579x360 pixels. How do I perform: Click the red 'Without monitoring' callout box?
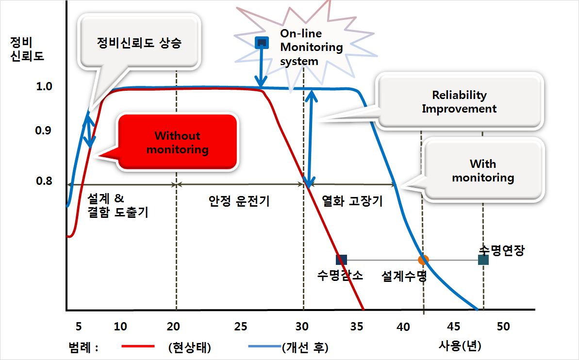177,142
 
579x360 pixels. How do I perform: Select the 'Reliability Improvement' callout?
459,101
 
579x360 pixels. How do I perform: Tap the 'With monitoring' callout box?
483,170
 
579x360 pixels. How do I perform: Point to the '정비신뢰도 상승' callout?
139,43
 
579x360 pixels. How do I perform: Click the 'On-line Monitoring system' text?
311,47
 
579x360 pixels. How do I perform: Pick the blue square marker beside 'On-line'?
262,43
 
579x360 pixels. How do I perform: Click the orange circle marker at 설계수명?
423,260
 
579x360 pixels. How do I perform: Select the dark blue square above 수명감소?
341,260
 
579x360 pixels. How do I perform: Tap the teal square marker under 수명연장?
483,260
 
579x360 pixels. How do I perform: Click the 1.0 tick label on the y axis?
44,86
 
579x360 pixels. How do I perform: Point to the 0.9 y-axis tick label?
43,131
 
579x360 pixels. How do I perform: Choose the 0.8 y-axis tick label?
44,181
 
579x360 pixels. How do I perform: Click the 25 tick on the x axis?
240,327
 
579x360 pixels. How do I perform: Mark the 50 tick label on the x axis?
503,327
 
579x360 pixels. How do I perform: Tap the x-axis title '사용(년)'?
460,346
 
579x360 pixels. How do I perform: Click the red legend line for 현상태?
138,346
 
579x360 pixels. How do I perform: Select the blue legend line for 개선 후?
265,346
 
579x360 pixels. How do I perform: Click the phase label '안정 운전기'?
239,201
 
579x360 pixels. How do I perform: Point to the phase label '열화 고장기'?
352,201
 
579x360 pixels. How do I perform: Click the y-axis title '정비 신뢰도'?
27,49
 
